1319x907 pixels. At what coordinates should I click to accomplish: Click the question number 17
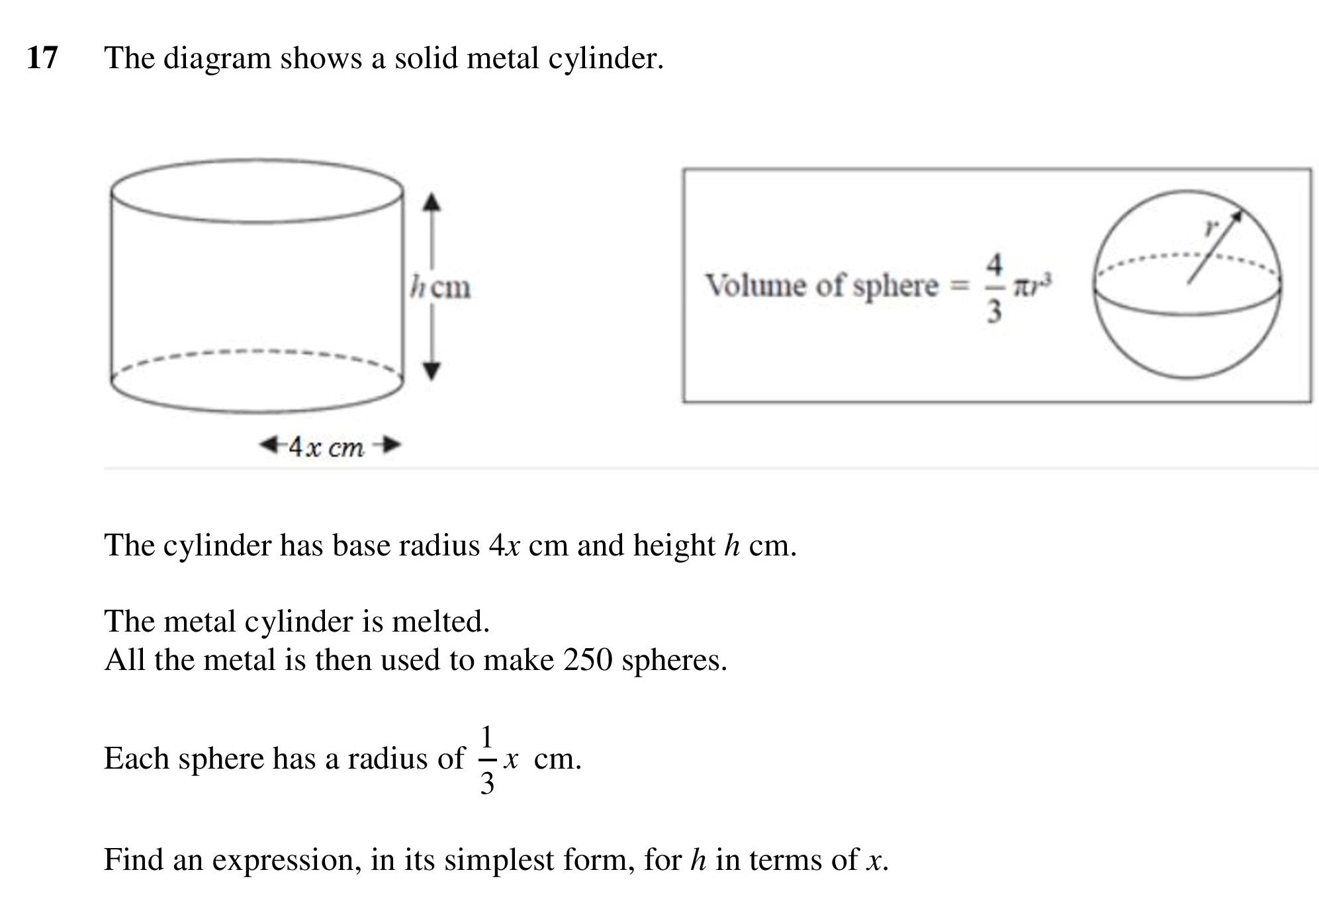pyautogui.click(x=42, y=58)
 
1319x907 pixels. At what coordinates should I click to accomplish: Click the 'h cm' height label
pyautogui.click(x=440, y=287)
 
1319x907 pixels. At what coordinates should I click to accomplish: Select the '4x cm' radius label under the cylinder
pyautogui.click(x=326, y=447)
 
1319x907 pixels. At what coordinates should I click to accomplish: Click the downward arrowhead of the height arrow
pyautogui.click(x=432, y=371)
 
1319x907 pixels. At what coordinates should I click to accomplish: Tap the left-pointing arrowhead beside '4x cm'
pyautogui.click(x=269, y=445)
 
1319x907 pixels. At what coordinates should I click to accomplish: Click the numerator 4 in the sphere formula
pyautogui.click(x=994, y=264)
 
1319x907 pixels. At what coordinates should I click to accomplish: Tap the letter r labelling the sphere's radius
pyautogui.click(x=1211, y=227)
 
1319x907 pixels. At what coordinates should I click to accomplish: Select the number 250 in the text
pyautogui.click(x=588, y=659)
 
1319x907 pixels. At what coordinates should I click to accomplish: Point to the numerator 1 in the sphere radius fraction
pyautogui.click(x=487, y=737)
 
